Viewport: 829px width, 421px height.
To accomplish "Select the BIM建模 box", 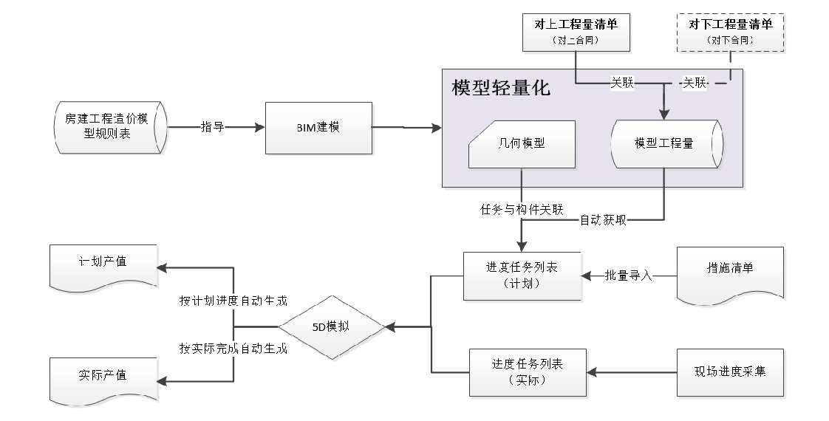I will coord(318,127).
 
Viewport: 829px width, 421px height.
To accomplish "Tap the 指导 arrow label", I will coord(212,127).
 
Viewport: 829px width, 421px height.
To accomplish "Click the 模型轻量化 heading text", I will coord(501,89).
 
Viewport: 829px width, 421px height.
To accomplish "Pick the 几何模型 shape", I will coord(522,143).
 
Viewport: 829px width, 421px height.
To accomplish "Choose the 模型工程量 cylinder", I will coord(663,143).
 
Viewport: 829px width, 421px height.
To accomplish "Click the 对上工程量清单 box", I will coord(576,32).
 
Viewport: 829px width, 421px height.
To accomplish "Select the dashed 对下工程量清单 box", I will coord(731,32).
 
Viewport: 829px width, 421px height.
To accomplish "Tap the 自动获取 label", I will coord(603,219).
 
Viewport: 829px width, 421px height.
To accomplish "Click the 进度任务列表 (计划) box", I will coord(522,275).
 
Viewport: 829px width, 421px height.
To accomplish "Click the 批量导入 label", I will coord(629,276).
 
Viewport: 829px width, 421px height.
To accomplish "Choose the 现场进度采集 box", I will coord(730,372).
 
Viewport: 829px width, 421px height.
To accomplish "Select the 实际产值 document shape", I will coord(103,377).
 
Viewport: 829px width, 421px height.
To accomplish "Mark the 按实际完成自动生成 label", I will coord(233,348).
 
